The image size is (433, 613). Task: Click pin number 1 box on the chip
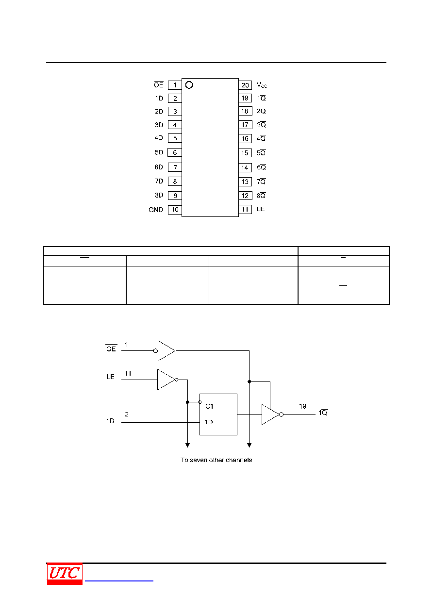coord(175,85)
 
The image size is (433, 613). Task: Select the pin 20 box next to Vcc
coord(245,85)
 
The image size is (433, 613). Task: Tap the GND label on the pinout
coord(156,210)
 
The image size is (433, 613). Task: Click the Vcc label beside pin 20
coord(262,85)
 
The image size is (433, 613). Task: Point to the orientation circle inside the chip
coord(189,85)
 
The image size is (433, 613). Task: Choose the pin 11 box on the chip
coord(245,210)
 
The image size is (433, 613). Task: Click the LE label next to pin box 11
coord(261,209)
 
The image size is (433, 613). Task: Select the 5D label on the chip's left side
coord(159,152)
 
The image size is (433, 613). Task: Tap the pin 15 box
coord(245,153)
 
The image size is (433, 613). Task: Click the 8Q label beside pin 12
coord(261,196)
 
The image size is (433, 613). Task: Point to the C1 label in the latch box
coord(209,406)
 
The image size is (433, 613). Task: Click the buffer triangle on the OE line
coord(167,350)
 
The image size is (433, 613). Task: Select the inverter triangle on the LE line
coord(166,380)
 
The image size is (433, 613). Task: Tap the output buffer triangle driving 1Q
coord(270,414)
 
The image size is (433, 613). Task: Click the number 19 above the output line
coord(302,406)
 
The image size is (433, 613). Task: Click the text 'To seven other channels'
coord(216,460)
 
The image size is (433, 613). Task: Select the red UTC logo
coord(65,574)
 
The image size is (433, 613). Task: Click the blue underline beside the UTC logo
coord(119,580)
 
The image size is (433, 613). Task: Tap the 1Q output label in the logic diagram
coord(323,413)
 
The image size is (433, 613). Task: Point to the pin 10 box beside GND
coord(175,210)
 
